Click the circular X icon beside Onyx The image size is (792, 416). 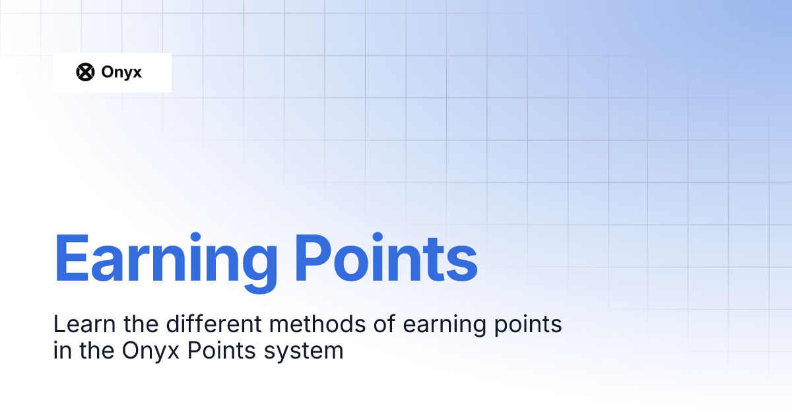86,72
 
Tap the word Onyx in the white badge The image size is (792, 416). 121,73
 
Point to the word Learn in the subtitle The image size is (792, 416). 75,324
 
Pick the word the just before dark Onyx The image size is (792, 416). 93,351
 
